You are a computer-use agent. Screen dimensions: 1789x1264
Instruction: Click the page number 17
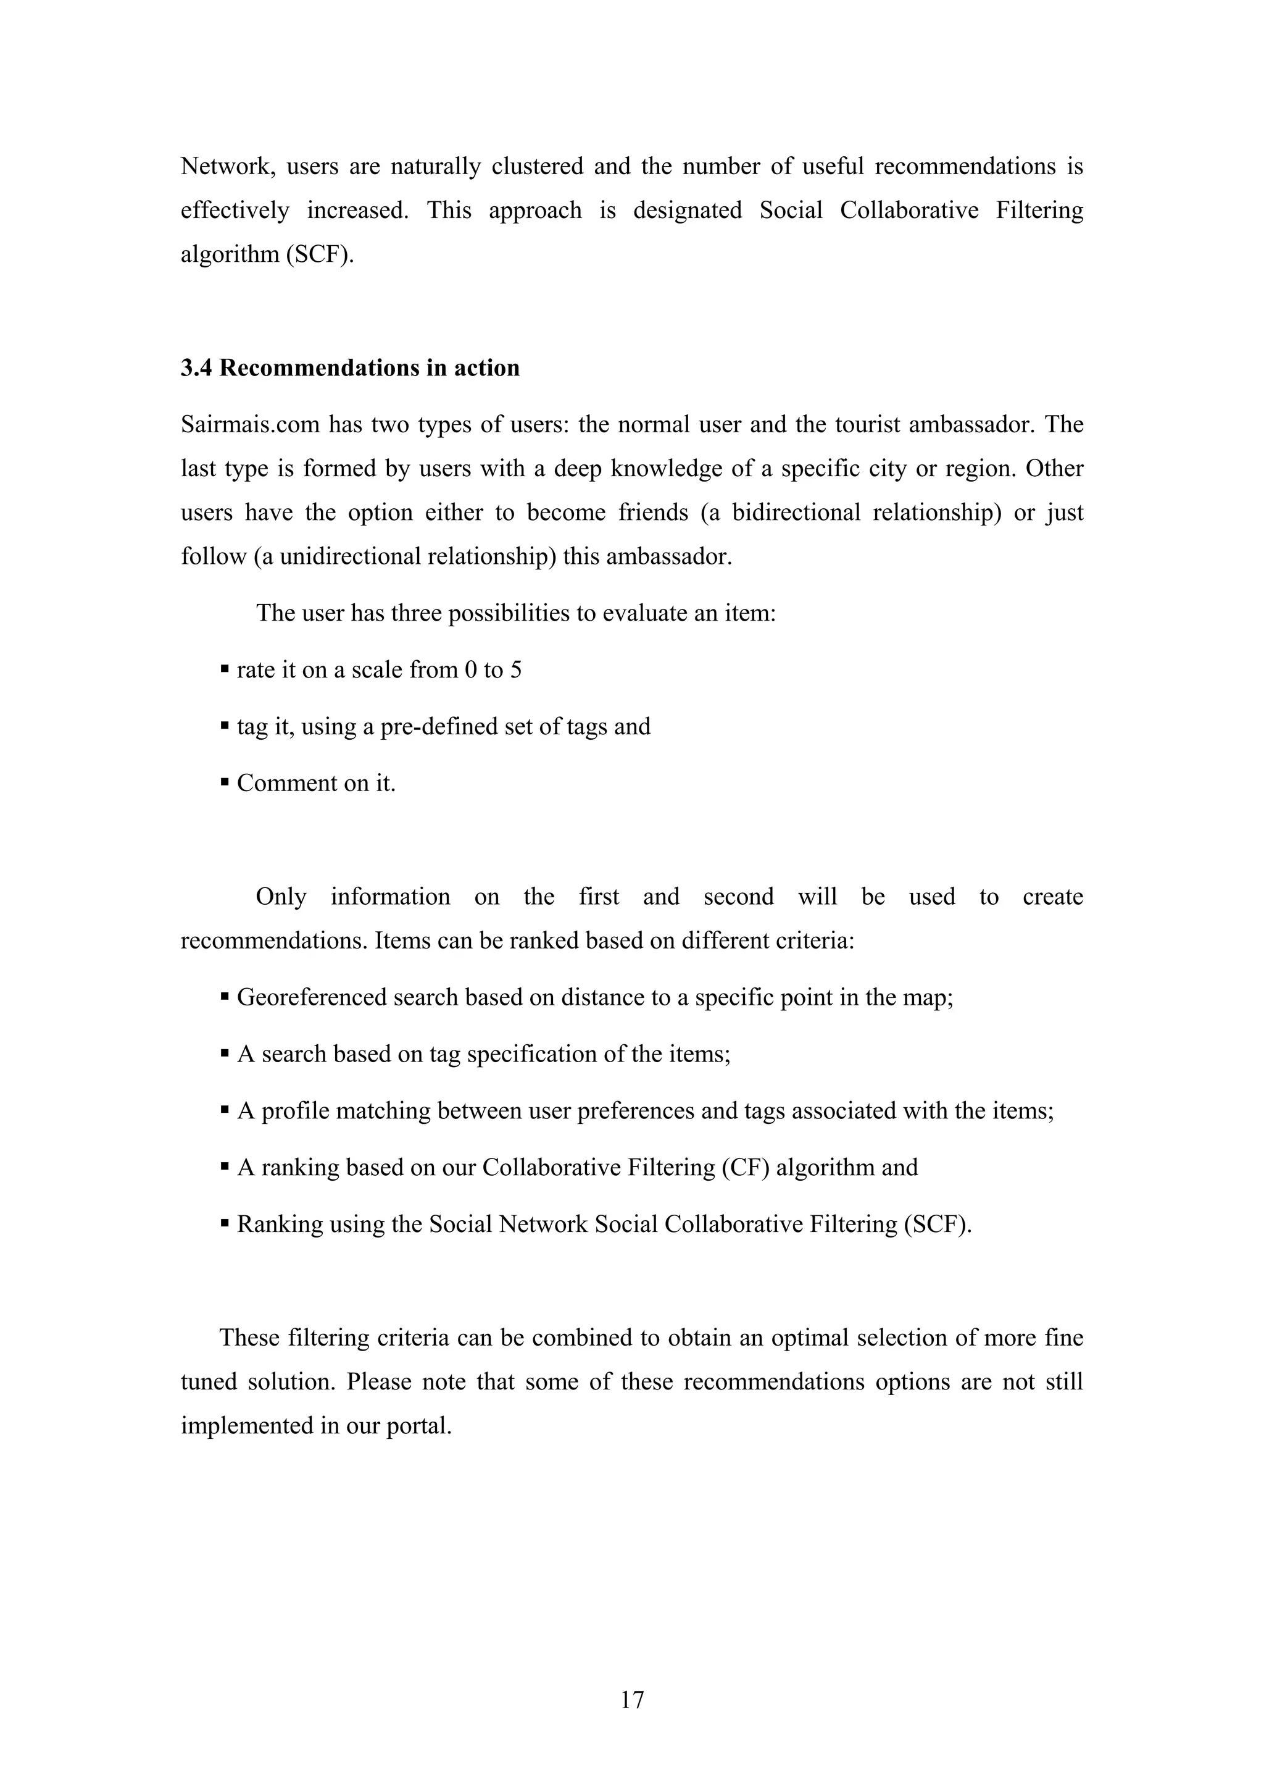click(x=631, y=1699)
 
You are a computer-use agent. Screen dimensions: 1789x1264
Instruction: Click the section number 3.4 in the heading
click(x=196, y=368)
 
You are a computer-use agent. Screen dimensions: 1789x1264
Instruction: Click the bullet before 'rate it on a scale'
click(x=224, y=669)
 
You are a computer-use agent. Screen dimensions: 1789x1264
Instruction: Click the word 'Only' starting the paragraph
click(x=281, y=897)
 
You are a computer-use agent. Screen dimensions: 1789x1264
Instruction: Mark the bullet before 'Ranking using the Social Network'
click(x=224, y=1223)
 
